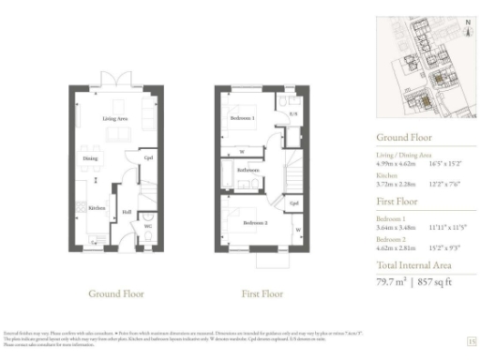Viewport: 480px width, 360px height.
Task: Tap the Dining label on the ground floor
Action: coord(90,158)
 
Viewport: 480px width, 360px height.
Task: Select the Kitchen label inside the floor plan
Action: coord(97,208)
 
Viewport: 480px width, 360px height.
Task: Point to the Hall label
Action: coord(126,211)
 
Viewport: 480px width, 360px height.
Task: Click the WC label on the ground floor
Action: coord(146,225)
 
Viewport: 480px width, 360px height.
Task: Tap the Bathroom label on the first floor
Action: coord(247,170)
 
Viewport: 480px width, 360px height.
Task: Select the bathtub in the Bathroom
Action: coord(232,171)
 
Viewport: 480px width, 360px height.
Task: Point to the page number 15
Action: coord(471,341)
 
